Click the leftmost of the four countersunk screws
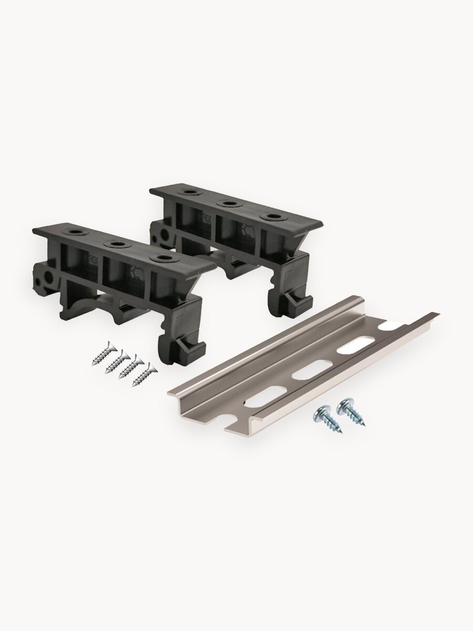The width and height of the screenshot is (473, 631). coord(102,354)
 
